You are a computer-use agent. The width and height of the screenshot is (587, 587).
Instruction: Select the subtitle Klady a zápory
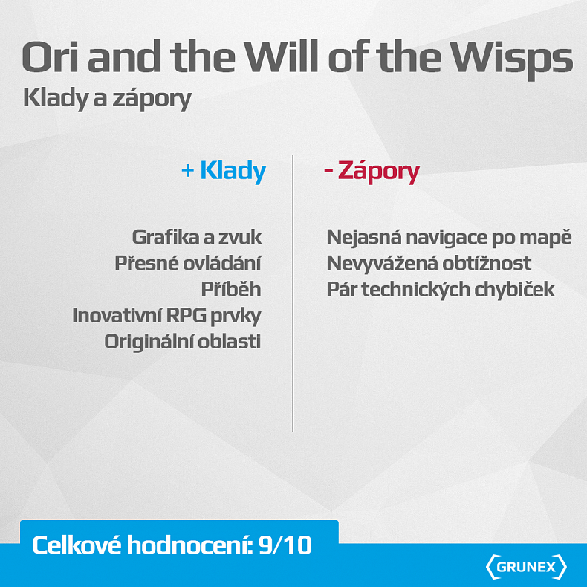[107, 98]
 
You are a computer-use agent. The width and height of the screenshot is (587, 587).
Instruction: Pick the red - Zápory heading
[372, 172]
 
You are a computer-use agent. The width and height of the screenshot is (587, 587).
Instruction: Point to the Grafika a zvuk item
[197, 237]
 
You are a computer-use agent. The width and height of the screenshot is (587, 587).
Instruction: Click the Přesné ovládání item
[188, 263]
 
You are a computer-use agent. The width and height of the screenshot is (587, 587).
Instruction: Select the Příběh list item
[231, 289]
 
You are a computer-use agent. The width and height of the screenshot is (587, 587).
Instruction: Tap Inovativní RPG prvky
[166, 315]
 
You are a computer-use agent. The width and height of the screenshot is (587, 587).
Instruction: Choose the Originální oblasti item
[183, 341]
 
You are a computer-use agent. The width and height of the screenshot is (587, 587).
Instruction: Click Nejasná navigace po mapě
[449, 238]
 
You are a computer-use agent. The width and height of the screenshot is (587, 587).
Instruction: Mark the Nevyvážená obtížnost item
[429, 263]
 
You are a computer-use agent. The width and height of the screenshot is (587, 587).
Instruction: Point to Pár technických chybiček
[441, 289]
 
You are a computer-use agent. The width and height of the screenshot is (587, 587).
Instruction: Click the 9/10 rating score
[286, 546]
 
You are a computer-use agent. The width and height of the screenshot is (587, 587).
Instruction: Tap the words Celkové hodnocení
[141, 546]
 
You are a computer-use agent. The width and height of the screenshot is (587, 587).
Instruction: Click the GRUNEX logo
[526, 567]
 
